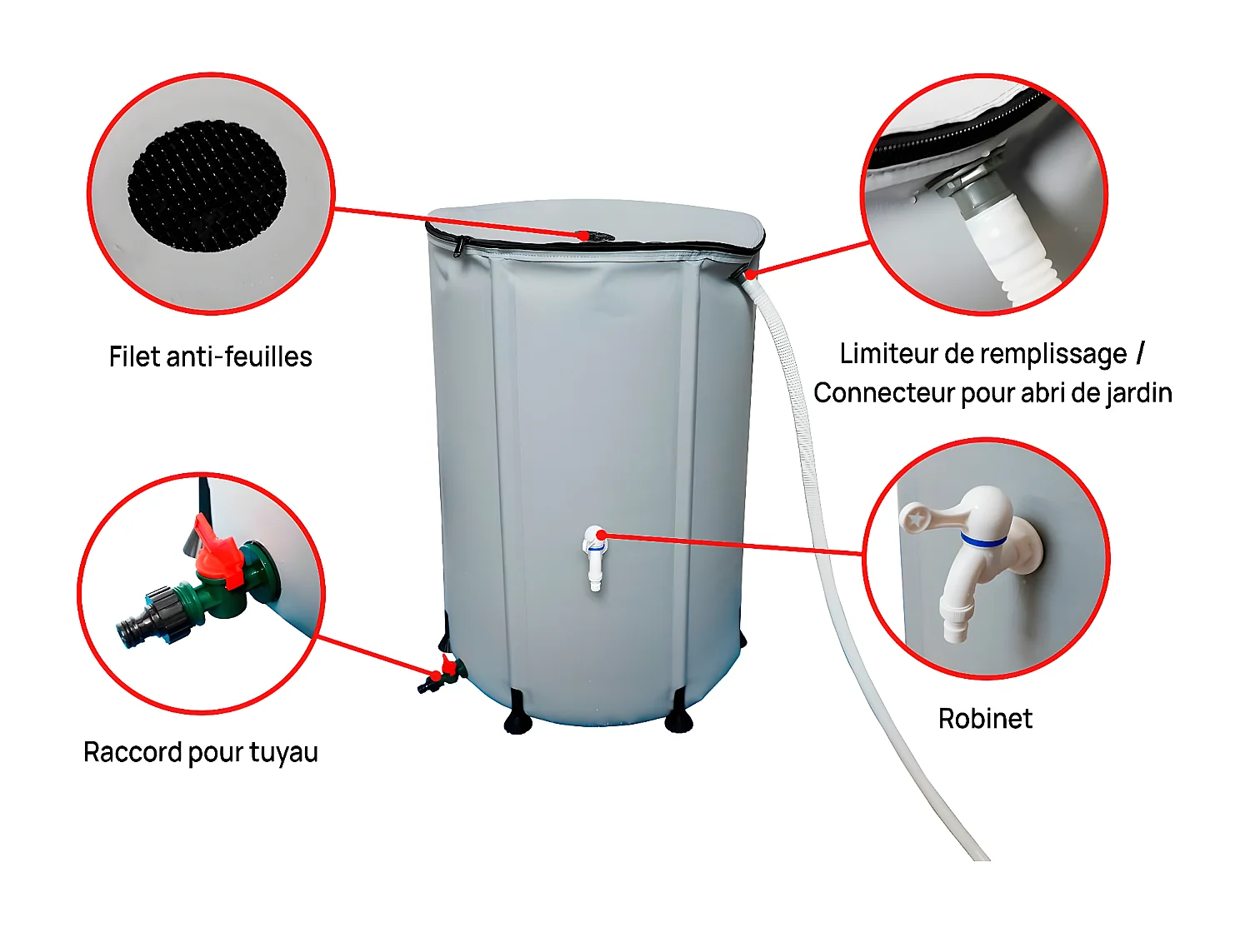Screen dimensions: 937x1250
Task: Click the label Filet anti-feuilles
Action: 210,356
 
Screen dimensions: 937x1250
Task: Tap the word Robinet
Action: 985,718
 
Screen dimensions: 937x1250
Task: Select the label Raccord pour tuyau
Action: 201,752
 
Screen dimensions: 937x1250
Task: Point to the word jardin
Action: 1138,393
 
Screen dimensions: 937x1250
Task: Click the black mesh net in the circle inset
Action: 207,187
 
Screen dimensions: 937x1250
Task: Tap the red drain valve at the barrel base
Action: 448,666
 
